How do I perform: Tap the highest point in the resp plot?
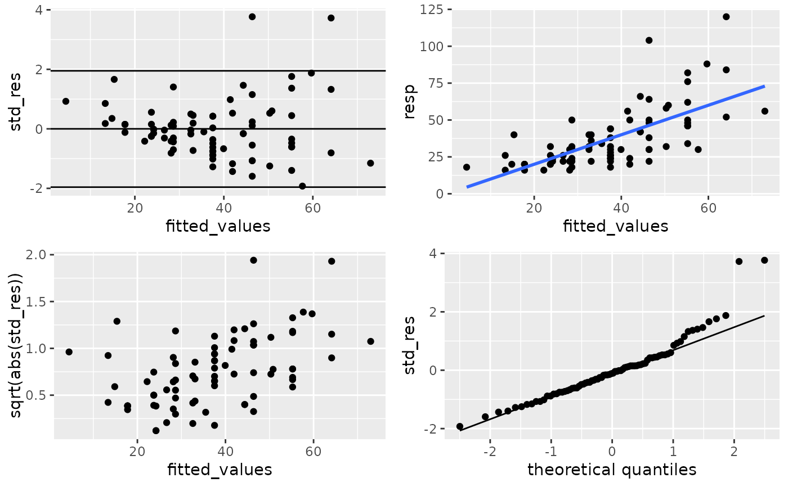726,16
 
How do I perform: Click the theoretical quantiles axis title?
611,469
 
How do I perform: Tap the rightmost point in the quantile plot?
764,260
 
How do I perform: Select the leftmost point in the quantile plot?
460,426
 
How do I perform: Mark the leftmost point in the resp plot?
467,167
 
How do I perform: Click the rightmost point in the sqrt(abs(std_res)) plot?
370,341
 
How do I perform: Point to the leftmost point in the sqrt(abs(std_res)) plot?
69,352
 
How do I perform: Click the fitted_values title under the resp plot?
615,226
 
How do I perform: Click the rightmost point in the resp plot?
765,111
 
